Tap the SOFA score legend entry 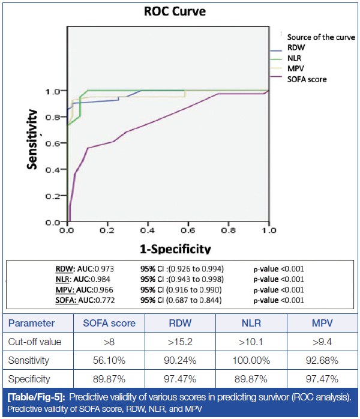[307, 79]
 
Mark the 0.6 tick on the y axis [52, 143]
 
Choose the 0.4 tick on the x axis [148, 229]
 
